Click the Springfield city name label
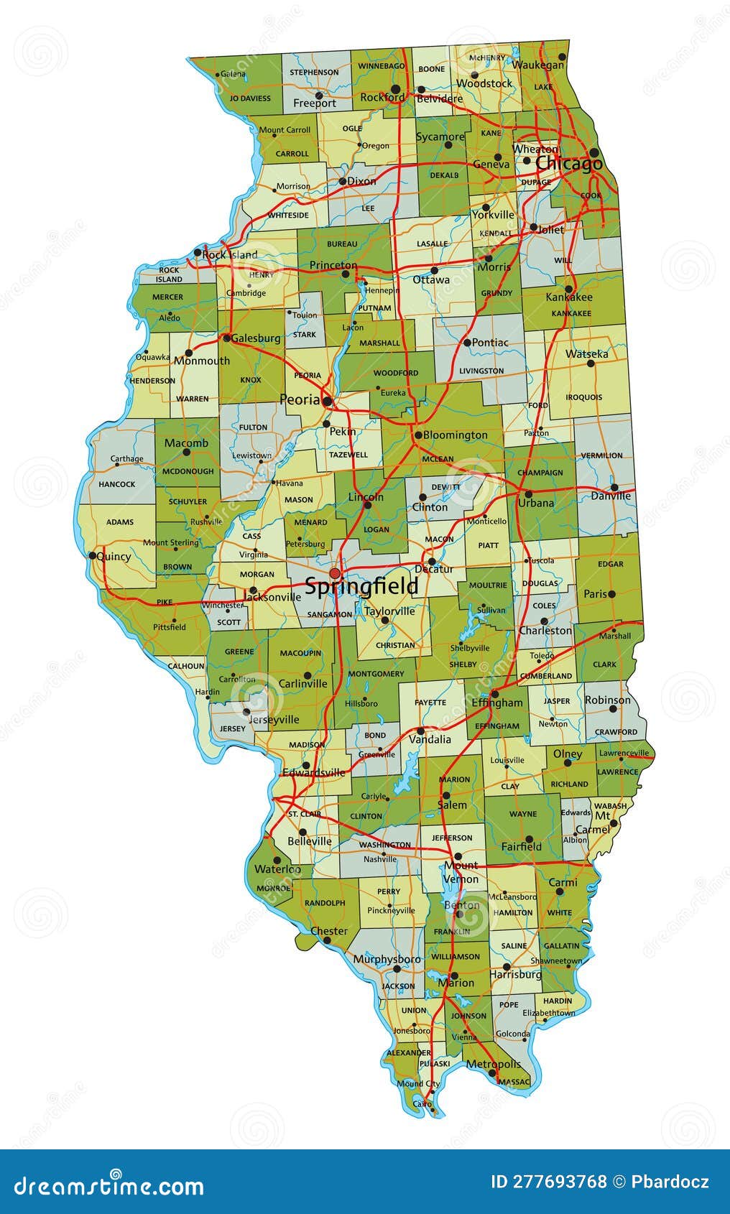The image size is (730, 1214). pos(361,586)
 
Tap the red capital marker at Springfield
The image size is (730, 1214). pos(335,573)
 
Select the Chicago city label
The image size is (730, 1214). pos(569,164)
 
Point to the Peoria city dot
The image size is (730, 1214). pos(327,401)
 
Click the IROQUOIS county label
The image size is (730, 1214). pos(583,397)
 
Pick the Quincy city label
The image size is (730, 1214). pos(114,556)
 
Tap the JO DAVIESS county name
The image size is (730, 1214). pos(250,98)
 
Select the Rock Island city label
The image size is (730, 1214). pos(230,255)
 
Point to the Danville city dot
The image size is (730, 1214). pos(614,487)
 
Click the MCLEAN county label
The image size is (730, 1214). pos(438,459)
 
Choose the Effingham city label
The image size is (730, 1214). pos(497,703)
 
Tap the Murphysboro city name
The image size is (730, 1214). pos(387,959)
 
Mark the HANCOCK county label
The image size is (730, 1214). pos(116,484)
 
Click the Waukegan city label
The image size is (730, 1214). pos(539,65)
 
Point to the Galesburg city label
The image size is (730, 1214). pos(256,338)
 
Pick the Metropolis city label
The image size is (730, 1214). pos(493,1064)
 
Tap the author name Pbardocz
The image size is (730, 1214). pos(670,1182)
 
